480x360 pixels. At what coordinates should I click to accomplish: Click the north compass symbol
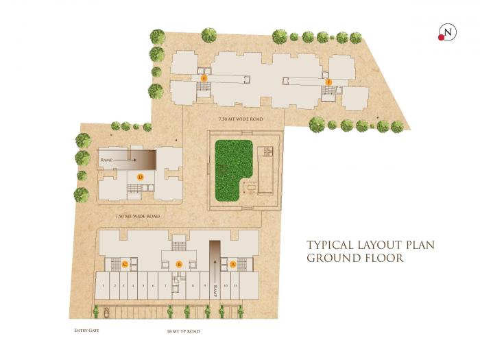coord(448,32)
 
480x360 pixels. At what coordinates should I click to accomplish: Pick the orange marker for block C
coord(125,264)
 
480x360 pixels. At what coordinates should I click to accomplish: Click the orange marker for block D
coord(140,177)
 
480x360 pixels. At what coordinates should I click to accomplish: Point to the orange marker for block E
coord(204,80)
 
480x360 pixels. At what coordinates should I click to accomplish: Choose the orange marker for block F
coord(328,82)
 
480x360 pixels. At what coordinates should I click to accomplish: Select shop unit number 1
coord(102,285)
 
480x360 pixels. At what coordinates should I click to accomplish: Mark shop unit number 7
coord(165,285)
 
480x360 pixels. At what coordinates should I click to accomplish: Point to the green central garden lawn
coord(233,170)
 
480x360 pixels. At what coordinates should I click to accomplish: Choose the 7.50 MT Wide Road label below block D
coord(137,216)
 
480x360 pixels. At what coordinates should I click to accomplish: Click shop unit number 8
coord(193,285)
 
